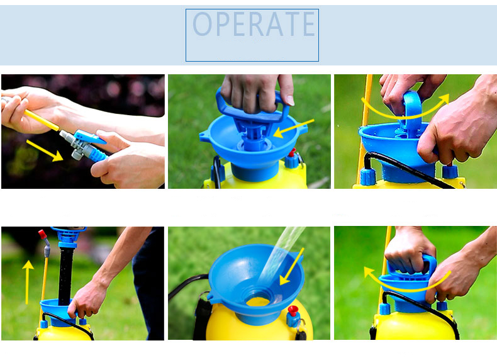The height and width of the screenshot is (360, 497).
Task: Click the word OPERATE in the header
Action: [x=254, y=24]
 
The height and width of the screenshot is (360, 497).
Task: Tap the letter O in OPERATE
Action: [x=202, y=24]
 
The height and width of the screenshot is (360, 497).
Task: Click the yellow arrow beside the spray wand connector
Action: [x=45, y=150]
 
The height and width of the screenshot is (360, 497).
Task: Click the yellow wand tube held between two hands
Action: [x=41, y=120]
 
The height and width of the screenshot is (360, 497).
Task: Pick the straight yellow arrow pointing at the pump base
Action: [x=293, y=128]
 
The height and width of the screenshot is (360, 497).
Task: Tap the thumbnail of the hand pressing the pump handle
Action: [x=250, y=132]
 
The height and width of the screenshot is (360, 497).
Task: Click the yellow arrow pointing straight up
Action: [x=28, y=283]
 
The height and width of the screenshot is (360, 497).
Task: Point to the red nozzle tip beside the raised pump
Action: [x=42, y=234]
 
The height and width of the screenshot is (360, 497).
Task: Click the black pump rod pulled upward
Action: [x=65, y=276]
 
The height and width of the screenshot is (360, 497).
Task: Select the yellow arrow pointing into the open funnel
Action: [x=292, y=267]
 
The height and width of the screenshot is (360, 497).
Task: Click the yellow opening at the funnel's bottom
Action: [x=258, y=301]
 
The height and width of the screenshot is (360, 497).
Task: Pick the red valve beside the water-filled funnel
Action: [x=293, y=310]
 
